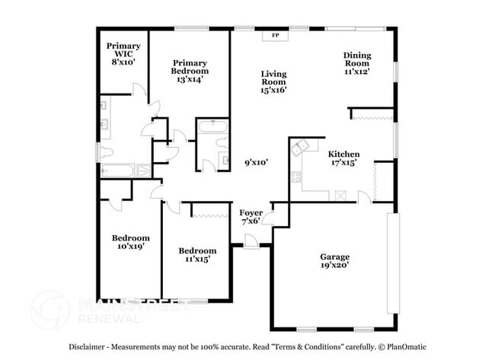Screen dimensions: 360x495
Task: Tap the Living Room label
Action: pyautogui.click(x=273, y=77)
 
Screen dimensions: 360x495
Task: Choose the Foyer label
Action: pyautogui.click(x=251, y=212)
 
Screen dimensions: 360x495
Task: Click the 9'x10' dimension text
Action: pyautogui.click(x=257, y=162)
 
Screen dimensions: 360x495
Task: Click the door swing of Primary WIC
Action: pyautogui.click(x=139, y=92)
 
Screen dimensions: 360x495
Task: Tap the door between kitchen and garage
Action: pyautogui.click(x=364, y=197)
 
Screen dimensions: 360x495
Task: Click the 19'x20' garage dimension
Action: pyautogui.click(x=334, y=267)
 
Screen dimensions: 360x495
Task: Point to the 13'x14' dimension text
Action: pyautogui.click(x=190, y=78)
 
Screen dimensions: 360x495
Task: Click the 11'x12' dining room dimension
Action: pyautogui.click(x=356, y=71)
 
